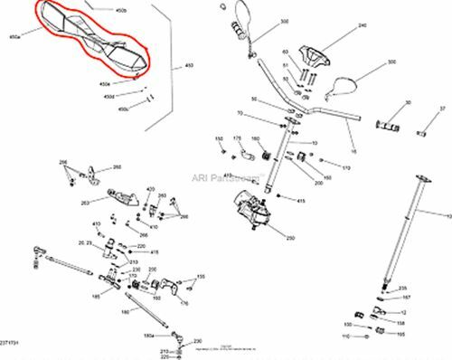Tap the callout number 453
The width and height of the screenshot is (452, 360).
pos(189,66)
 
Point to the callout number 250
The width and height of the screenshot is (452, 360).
pos(290,238)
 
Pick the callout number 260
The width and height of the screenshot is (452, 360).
pos(117,167)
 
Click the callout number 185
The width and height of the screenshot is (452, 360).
pos(96,295)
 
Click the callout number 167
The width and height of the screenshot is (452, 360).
pos(406,296)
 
